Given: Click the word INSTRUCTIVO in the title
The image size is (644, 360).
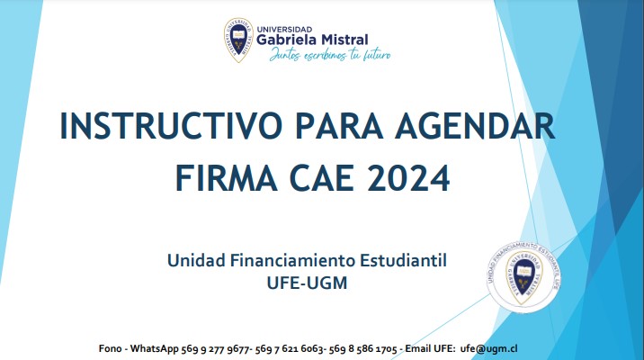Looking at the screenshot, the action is (x=171, y=126).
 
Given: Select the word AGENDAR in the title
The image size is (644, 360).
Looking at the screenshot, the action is (x=475, y=126).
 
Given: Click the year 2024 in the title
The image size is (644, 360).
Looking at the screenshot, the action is (x=408, y=178).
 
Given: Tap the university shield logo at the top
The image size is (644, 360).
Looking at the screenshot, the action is (x=238, y=40).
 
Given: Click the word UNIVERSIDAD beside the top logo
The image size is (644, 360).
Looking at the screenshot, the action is (x=284, y=30).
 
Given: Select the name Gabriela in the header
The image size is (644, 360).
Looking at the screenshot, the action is (x=286, y=40).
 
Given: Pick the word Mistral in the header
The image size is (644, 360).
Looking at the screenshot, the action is (x=344, y=40).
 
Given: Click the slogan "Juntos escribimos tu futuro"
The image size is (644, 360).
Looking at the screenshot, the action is (x=330, y=55).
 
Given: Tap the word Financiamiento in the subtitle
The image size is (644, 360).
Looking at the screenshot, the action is (x=292, y=260).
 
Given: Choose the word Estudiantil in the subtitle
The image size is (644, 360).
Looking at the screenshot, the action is (x=403, y=260).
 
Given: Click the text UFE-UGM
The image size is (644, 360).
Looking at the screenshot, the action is (x=307, y=283).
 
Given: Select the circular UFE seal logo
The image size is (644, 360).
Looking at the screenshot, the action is (x=523, y=277).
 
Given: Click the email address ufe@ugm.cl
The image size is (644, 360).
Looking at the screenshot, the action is (x=488, y=348).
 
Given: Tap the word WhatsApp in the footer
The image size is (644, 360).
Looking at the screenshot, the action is (x=155, y=348).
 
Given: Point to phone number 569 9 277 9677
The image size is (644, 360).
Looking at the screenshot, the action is (x=215, y=349).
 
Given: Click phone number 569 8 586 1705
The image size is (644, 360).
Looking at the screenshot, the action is (x=363, y=349).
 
